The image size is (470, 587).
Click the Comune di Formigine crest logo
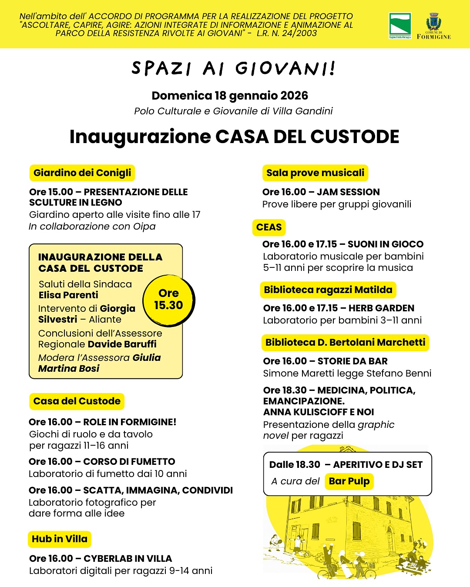click(433, 23)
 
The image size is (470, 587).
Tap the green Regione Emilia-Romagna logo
click(400, 25)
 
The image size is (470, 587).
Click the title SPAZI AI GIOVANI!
click(234, 69)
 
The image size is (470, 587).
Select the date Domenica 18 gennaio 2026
click(230, 96)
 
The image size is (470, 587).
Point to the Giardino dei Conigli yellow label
click(82, 173)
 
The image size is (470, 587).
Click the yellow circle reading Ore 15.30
click(169, 300)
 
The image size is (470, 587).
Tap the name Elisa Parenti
click(68, 295)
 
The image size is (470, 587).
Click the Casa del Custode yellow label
click(77, 401)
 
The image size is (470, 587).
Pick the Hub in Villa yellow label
click(60, 539)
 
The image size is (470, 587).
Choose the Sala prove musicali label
click(315, 173)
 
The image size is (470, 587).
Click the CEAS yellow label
click(269, 227)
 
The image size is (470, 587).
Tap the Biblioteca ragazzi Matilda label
click(328, 290)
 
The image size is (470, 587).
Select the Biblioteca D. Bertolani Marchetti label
click(345, 343)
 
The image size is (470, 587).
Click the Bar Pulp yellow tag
click(349, 481)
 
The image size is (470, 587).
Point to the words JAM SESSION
click(348, 192)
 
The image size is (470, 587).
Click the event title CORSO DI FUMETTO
click(129, 462)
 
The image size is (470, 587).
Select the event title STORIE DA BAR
click(352, 361)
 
